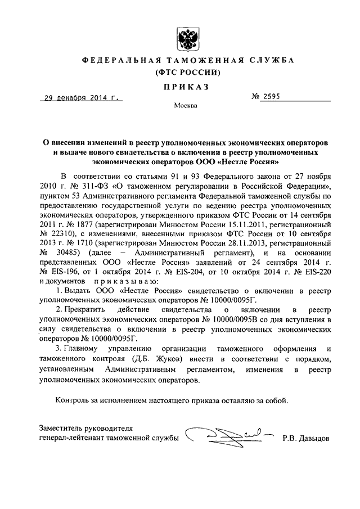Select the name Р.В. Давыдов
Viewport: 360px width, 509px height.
point(307,438)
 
